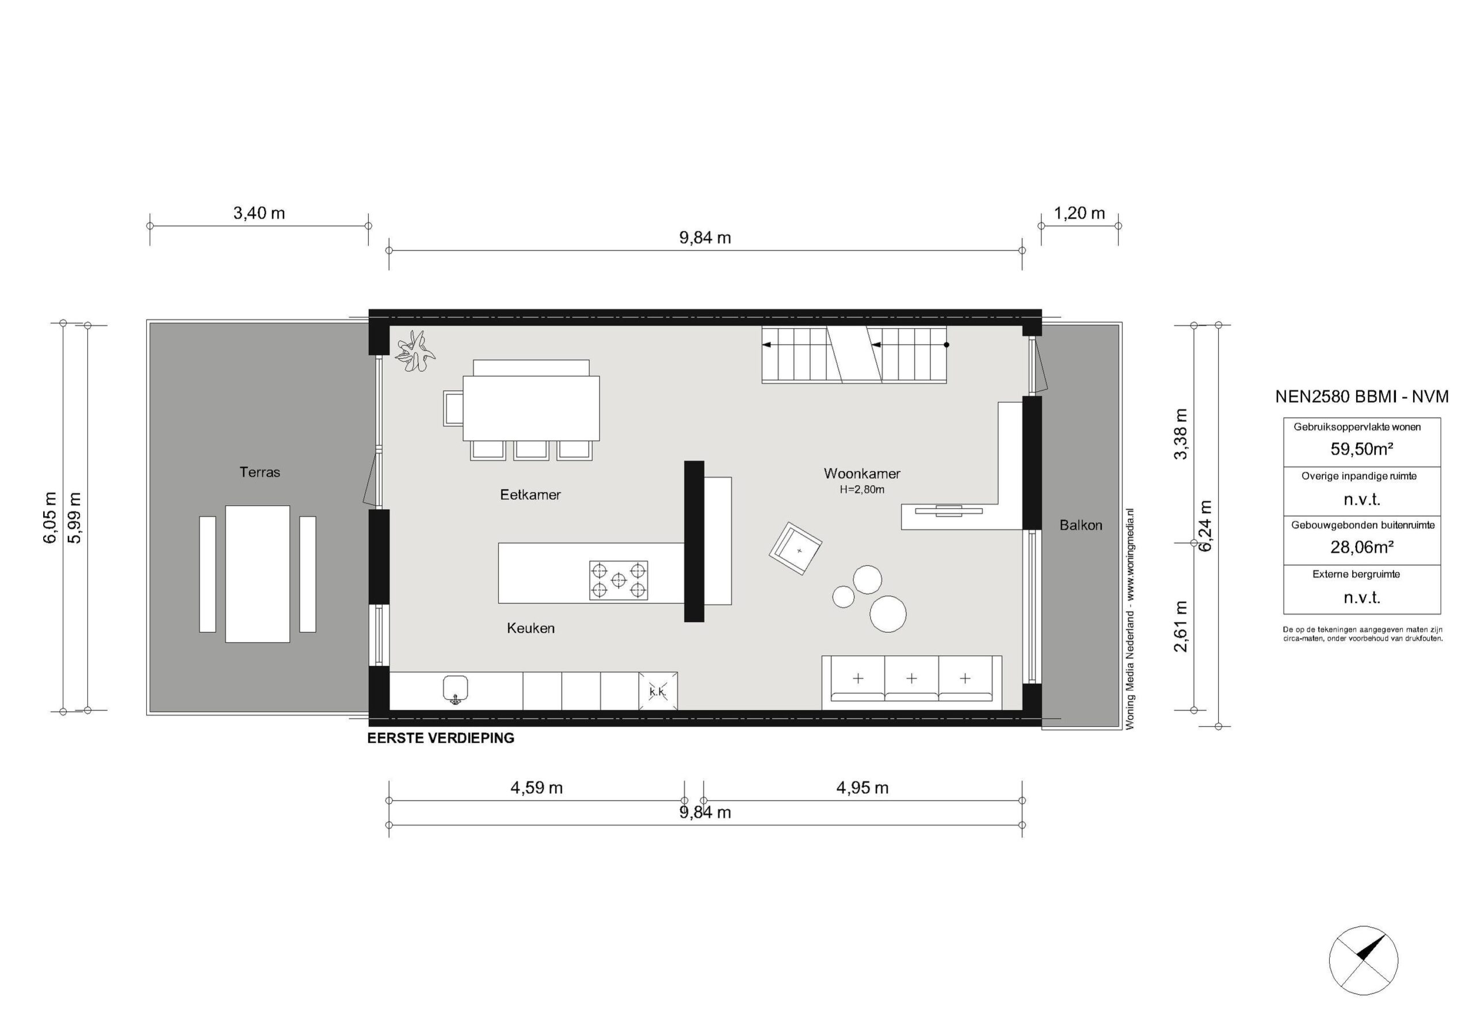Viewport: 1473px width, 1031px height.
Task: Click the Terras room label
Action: (260, 472)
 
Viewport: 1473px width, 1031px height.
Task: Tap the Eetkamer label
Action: (530, 495)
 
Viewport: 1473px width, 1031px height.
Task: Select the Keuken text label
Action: (531, 628)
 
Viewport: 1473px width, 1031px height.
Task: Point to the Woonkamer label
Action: (861, 474)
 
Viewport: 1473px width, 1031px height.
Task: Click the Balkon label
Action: (1081, 525)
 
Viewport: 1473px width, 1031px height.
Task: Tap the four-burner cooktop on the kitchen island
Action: (619, 580)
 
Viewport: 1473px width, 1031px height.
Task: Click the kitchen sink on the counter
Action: (455, 690)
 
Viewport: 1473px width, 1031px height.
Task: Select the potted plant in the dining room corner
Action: (414, 352)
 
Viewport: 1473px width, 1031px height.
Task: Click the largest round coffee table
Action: (888, 614)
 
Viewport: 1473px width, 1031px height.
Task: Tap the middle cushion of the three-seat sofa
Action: (911, 681)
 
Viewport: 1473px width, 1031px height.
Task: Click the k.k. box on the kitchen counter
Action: (658, 692)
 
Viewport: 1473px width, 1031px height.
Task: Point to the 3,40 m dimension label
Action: (258, 213)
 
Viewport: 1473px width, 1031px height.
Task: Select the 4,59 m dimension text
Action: (536, 788)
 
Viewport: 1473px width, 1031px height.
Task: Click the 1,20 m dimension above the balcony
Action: (1080, 213)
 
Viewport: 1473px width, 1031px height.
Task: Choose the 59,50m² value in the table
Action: (1361, 449)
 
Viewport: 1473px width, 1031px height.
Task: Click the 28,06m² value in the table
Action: (1361, 547)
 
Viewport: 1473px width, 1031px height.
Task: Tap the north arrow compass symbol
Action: (1363, 979)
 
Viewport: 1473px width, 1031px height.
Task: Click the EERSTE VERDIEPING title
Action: (441, 739)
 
